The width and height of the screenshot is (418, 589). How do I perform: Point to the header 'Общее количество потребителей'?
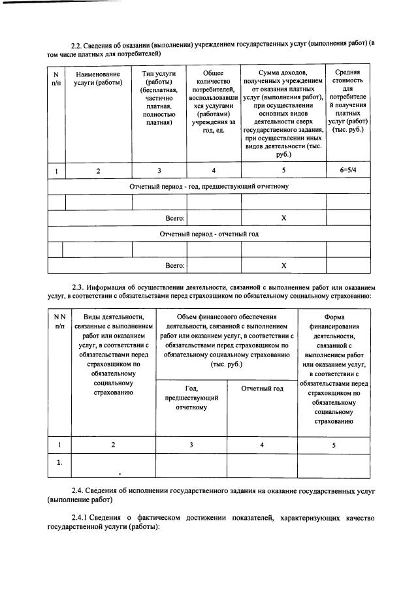click(x=214, y=101)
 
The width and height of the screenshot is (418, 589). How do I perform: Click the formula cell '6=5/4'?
click(x=348, y=171)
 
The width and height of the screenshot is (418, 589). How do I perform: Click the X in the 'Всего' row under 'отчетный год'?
click(x=283, y=265)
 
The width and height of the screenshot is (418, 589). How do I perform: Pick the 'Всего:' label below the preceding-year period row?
click(x=174, y=218)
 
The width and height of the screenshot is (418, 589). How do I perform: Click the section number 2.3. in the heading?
click(x=79, y=287)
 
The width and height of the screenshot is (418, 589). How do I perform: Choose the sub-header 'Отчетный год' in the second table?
click(x=262, y=389)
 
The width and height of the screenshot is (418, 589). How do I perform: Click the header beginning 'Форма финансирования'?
click(x=334, y=368)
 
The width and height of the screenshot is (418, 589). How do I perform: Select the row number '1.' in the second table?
click(x=59, y=463)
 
